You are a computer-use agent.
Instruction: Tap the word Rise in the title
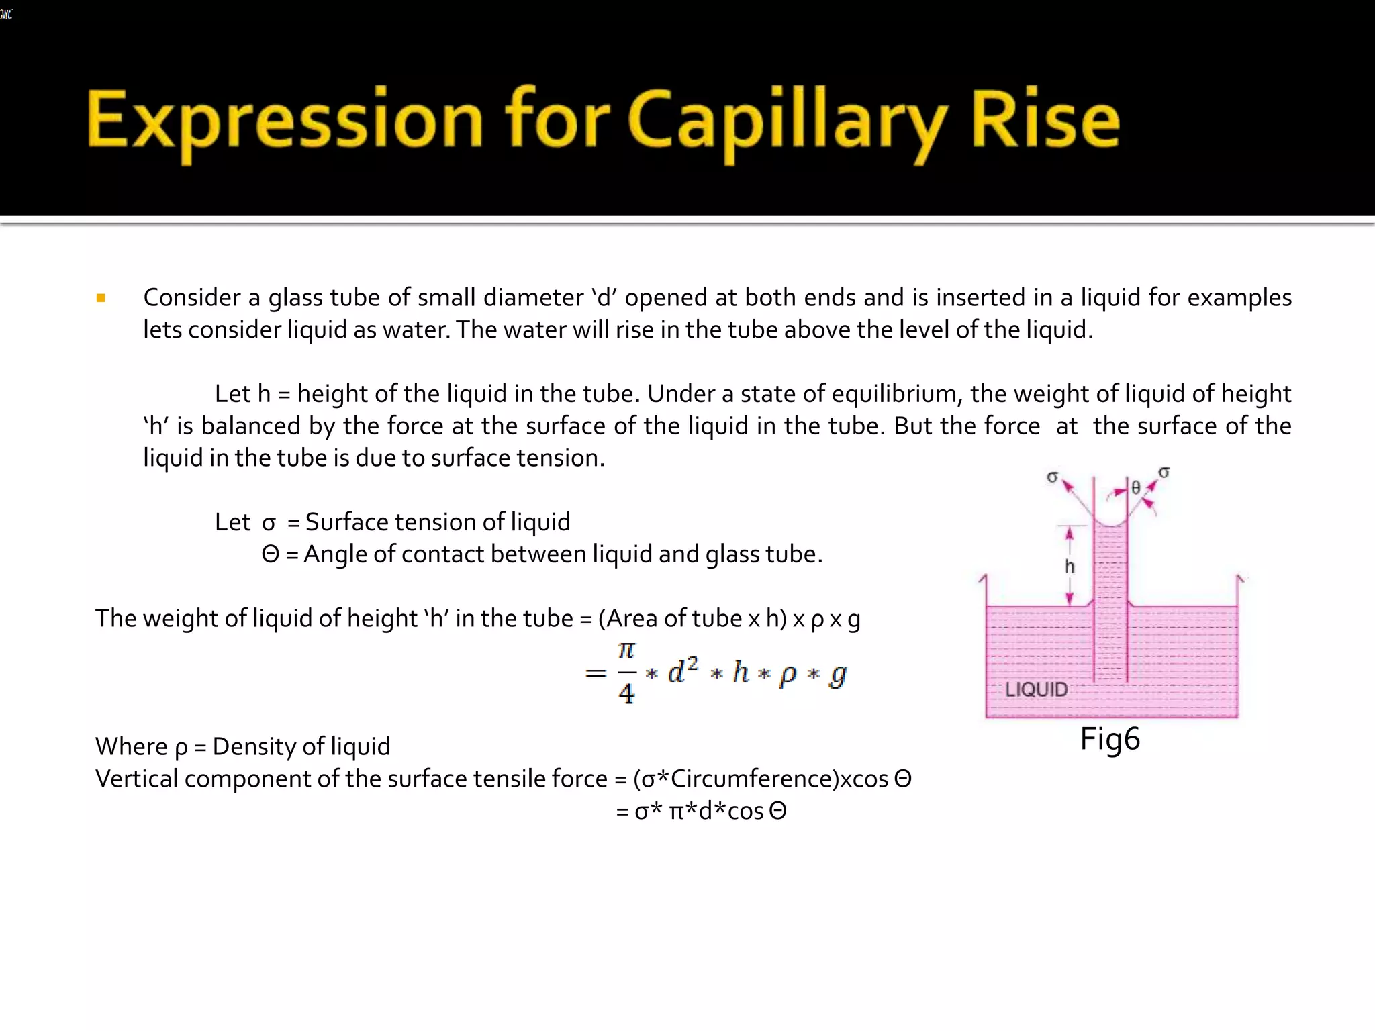pos(1045,120)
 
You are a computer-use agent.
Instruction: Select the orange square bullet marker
pos(101,298)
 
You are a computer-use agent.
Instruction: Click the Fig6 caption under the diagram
pos(1110,739)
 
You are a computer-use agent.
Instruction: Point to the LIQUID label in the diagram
pos(1036,689)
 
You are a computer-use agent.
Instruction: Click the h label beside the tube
pos(1070,567)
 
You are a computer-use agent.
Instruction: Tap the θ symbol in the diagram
pos(1135,488)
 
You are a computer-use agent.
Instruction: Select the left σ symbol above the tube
pos(1052,477)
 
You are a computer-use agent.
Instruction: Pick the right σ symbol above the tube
pos(1164,473)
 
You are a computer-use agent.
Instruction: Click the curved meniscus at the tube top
pos(1110,523)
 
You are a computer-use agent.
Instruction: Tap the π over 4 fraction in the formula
pos(626,672)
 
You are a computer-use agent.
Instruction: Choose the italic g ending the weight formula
pos(837,674)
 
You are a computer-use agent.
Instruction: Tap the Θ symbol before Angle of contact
pos(270,554)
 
